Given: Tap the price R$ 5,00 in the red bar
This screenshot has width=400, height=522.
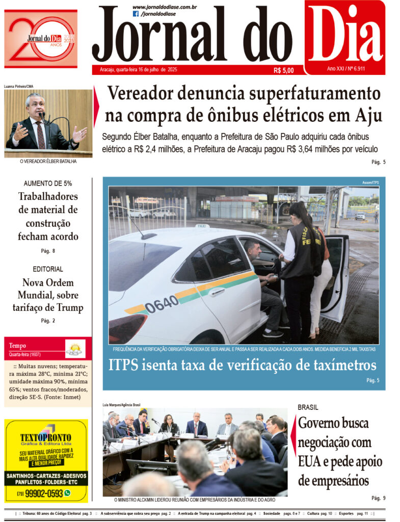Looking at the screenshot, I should click(283, 70).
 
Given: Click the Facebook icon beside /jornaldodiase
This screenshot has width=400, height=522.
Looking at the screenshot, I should click(136, 14).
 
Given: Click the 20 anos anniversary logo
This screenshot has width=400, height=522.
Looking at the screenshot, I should click(41, 39).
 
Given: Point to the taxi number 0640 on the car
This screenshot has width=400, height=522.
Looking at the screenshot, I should click(162, 304).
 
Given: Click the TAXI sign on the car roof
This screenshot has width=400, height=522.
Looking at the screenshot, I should click(202, 226).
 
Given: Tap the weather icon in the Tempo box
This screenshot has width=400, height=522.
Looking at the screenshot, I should click(75, 349).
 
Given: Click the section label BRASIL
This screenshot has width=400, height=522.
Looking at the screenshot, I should click(308, 407).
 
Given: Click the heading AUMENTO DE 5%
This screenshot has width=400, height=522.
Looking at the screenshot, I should click(48, 183).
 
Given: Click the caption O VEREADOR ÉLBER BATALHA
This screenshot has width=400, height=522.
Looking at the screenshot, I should click(48, 162).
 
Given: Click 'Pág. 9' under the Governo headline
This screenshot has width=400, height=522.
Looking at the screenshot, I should click(378, 498).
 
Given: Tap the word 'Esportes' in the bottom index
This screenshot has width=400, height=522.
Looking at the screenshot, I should click(346, 513).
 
